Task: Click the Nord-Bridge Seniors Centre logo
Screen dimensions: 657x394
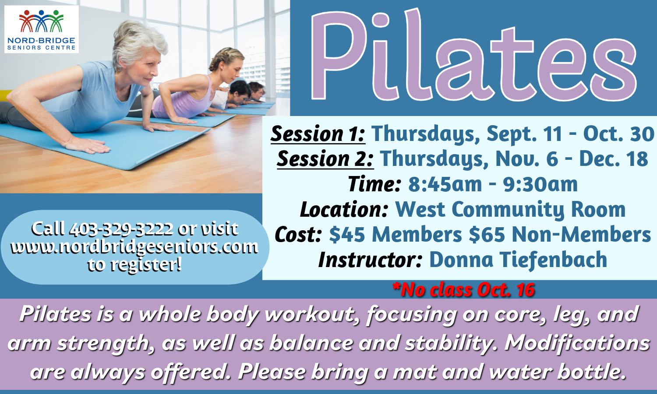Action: point(41,29)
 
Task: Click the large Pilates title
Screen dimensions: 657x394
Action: point(473,56)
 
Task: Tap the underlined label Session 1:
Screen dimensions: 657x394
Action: point(318,134)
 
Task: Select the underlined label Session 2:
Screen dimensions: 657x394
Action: point(325,159)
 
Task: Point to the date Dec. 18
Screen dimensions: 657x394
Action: point(614,158)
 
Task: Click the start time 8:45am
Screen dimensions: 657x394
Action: point(445,184)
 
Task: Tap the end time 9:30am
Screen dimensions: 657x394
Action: point(540,184)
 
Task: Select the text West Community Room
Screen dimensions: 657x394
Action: point(510,210)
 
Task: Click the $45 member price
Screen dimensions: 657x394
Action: point(347,235)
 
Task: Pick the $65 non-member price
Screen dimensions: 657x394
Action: point(487,235)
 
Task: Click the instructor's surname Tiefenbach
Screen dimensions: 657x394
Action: point(553,260)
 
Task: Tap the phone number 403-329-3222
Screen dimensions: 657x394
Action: point(121,229)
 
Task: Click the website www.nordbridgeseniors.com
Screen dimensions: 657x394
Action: point(134,247)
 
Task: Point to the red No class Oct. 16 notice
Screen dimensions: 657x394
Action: point(463,290)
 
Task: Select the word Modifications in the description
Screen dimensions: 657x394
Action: point(577,343)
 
